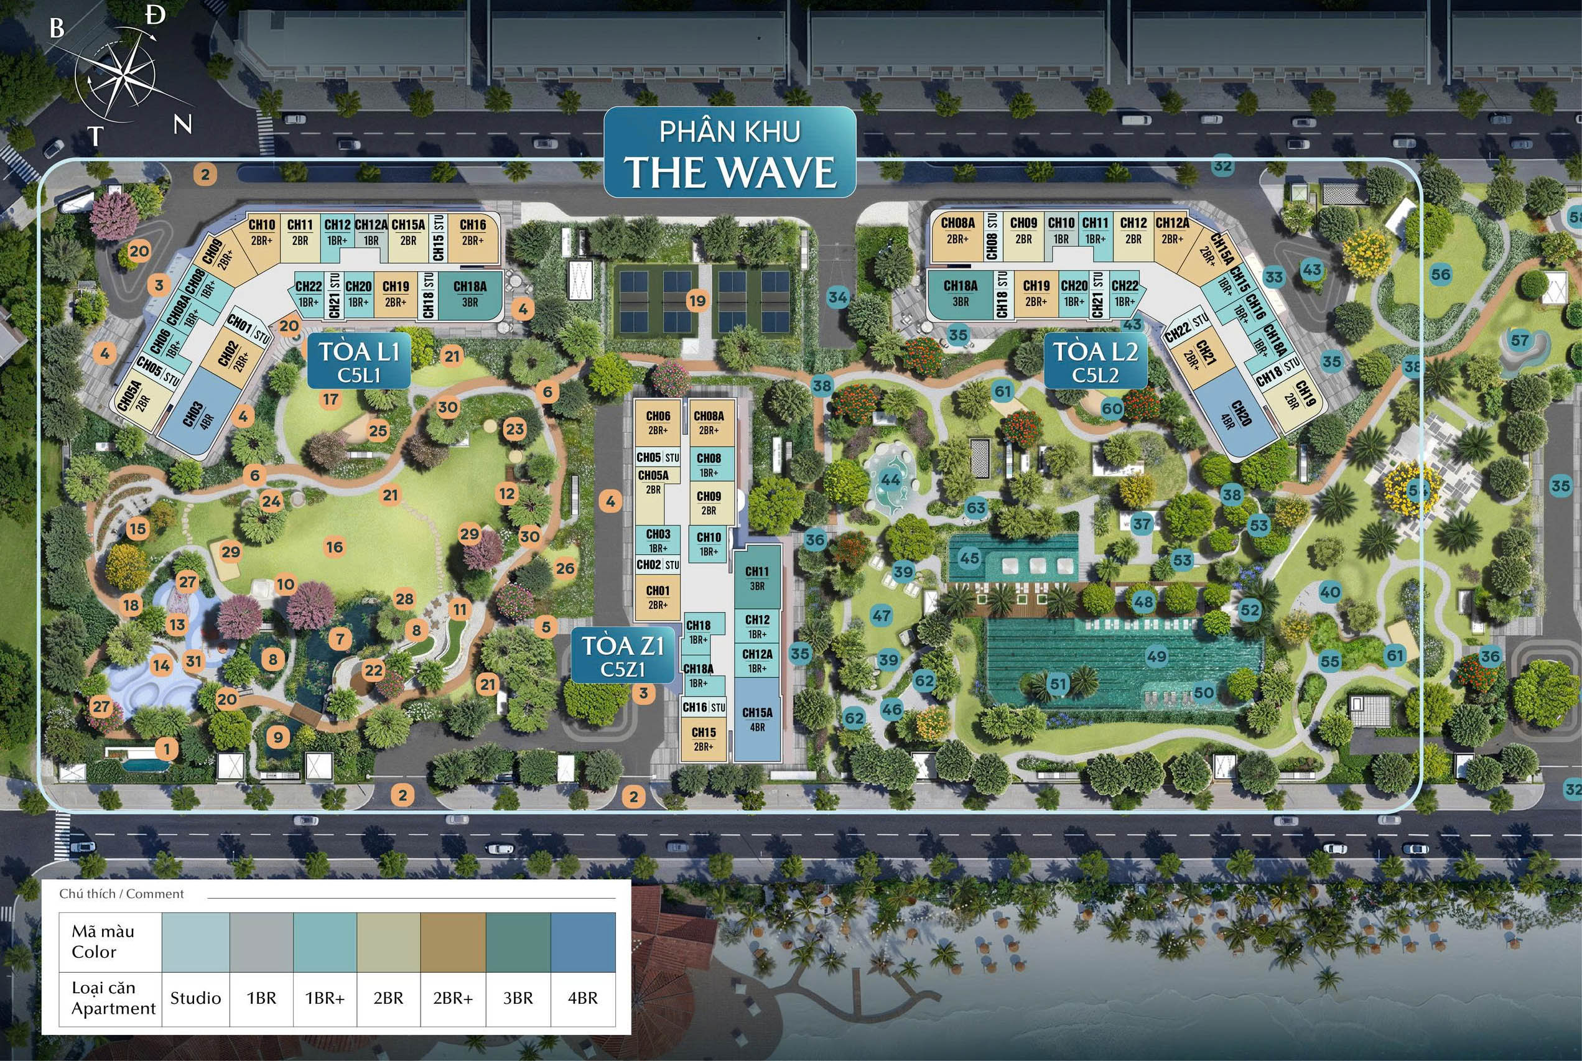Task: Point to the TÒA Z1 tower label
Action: pos(623,655)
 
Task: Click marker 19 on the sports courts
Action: pos(697,300)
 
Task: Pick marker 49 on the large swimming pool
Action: pos(1156,656)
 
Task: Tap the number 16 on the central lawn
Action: pos(334,547)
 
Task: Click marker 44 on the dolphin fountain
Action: pos(890,480)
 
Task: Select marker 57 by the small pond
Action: pos(1520,340)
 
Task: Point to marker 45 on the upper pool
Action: pos(969,558)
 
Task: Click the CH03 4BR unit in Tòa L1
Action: pos(195,413)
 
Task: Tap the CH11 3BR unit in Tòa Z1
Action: pos(757,578)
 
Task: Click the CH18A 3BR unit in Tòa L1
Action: pos(470,294)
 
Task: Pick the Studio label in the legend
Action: pos(195,998)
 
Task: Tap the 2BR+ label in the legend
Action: pos(453,998)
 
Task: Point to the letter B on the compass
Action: pos(57,28)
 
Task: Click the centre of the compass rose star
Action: pos(126,73)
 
